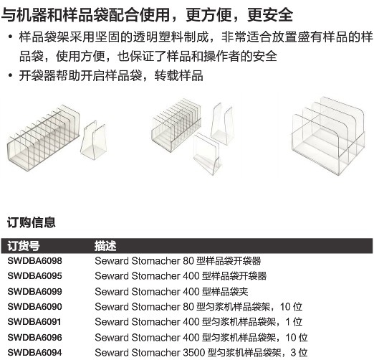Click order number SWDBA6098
(34, 260)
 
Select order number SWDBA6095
(34, 276)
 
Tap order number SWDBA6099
(34, 291)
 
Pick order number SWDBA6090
(34, 306)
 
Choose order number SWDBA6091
(34, 322)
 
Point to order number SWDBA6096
(34, 337)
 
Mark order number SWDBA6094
(34, 352)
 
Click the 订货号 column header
(24, 246)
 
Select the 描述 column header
(105, 246)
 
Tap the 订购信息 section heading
(32, 222)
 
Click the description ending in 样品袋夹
(171, 291)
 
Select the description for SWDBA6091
(198, 322)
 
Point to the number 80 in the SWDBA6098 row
(188, 260)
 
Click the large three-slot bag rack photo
(329, 136)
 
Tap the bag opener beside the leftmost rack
(93, 141)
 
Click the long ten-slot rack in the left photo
(44, 138)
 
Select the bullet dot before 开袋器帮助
(10, 75)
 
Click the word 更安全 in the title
(270, 14)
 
